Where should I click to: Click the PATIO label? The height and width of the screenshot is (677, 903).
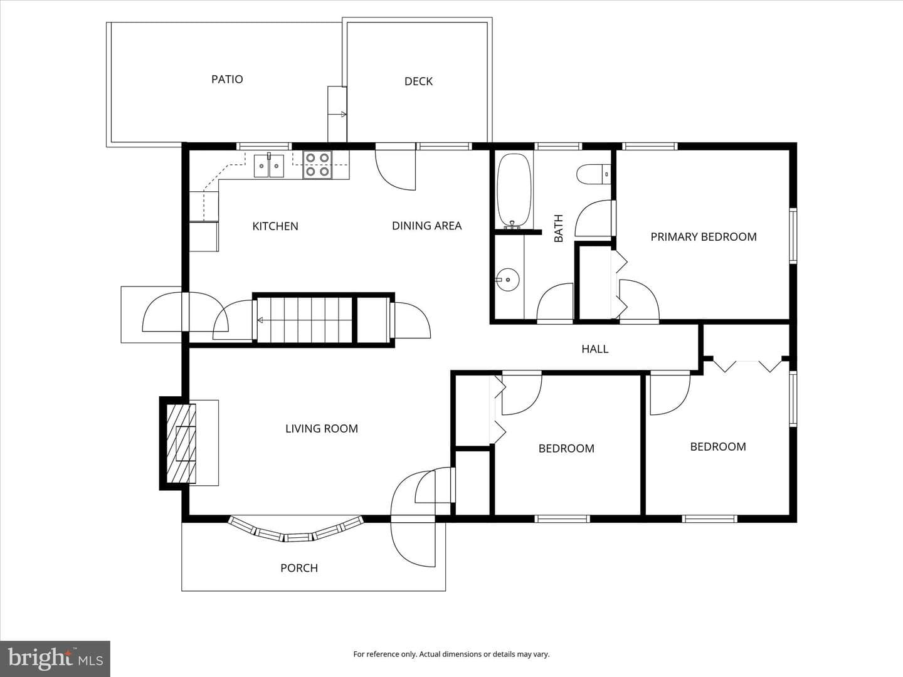coord(227,79)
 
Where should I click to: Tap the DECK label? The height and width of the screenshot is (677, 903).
coord(418,81)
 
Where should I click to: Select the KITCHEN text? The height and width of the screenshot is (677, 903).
coord(275,226)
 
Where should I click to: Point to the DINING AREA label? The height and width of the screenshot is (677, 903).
coord(426,226)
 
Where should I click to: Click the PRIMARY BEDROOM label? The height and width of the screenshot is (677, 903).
coord(704,237)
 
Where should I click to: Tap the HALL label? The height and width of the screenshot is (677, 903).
coord(595,349)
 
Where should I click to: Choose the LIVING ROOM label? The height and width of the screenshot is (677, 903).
coord(322,429)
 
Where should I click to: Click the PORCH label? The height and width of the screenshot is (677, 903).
coord(299,568)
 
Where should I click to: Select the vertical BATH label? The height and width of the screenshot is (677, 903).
coord(558,229)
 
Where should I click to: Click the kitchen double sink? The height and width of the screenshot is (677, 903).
coord(269,165)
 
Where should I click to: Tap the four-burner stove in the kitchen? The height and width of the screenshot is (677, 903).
coord(317,165)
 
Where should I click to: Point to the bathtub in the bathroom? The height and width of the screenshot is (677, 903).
coord(514,191)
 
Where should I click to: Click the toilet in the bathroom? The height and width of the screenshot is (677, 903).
coord(593,174)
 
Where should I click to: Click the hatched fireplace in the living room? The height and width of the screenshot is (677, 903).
coord(181,444)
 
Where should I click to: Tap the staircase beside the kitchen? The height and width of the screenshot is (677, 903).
coord(304,320)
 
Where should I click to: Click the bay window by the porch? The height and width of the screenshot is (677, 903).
coord(296,531)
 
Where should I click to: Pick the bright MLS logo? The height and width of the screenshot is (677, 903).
coord(55,658)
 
